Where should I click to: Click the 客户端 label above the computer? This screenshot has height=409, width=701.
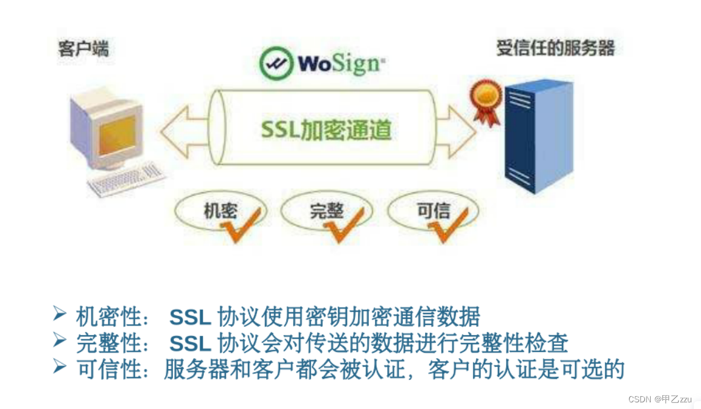(83, 48)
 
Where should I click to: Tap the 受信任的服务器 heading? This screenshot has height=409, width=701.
(555, 48)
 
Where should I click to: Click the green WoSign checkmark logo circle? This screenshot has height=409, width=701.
(276, 62)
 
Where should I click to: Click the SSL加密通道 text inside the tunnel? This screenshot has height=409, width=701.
(325, 129)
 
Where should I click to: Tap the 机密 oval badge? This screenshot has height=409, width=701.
(218, 211)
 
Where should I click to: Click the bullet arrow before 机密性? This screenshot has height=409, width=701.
(59, 314)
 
